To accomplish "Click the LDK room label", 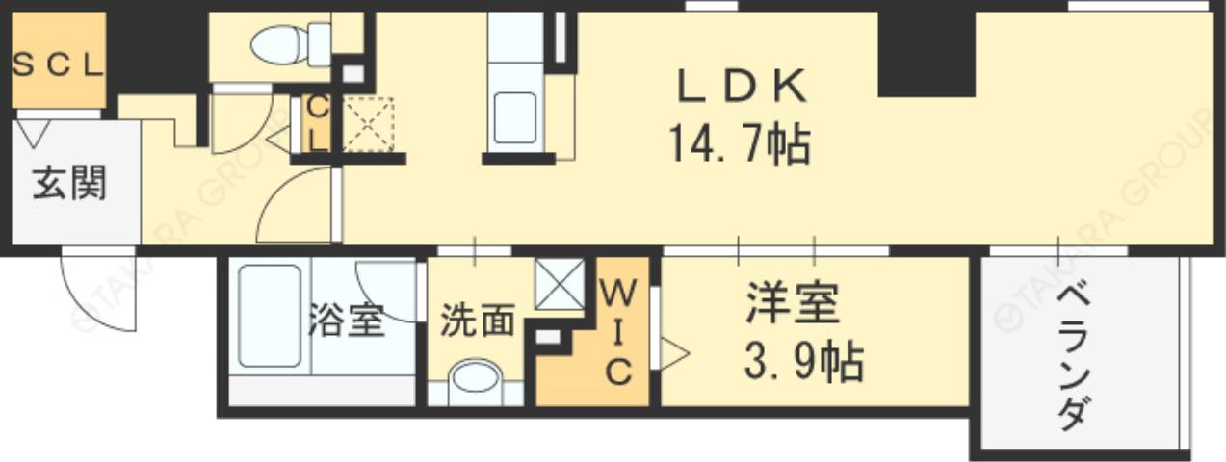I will click(741, 89).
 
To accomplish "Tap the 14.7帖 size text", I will click(739, 146).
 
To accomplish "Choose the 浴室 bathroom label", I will click(348, 321).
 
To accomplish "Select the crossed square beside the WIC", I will click(559, 285).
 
